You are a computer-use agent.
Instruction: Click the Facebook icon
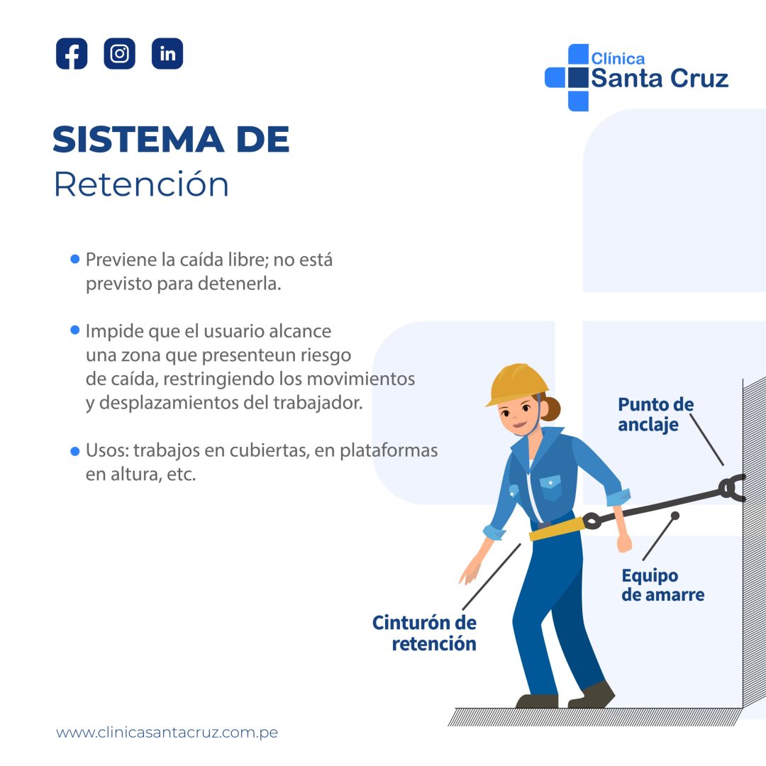pyautogui.click(x=72, y=54)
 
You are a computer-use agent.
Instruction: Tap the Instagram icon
pyautogui.click(x=119, y=54)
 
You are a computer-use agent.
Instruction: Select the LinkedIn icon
pyautogui.click(x=167, y=54)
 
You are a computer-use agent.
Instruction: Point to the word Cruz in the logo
pyautogui.click(x=696, y=78)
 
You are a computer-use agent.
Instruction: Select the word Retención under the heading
pyautogui.click(x=141, y=184)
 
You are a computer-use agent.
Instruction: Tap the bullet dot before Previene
pyautogui.click(x=74, y=260)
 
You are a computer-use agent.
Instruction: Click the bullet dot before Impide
pyautogui.click(x=74, y=331)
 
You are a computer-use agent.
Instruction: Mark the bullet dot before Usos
pyautogui.click(x=74, y=451)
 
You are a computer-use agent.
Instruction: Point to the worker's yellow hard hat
pyautogui.click(x=518, y=383)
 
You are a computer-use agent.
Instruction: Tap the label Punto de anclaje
pyautogui.click(x=655, y=414)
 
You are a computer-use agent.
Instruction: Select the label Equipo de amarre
pyautogui.click(x=662, y=585)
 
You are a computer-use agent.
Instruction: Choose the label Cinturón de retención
pyautogui.click(x=425, y=633)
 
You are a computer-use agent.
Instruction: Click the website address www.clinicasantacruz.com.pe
pyautogui.click(x=167, y=733)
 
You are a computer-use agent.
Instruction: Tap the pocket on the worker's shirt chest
pyautogui.click(x=550, y=487)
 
